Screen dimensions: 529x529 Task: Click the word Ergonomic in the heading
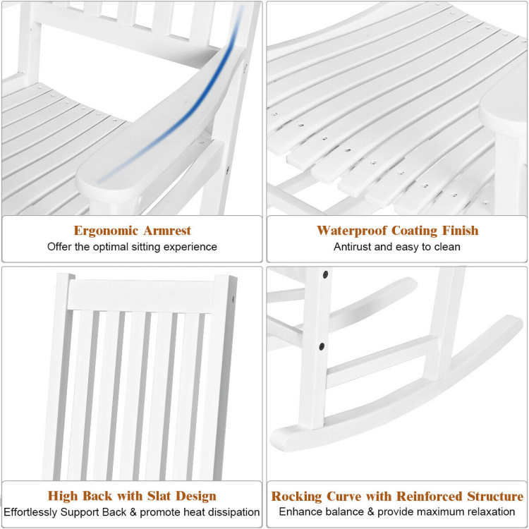pyautogui.click(x=106, y=231)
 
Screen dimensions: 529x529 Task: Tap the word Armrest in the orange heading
pyautogui.click(x=167, y=231)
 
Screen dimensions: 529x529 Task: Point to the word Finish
pyautogui.click(x=460, y=231)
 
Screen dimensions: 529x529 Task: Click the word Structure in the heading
pyautogui.click(x=495, y=497)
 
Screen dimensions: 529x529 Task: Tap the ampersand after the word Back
pyautogui.click(x=133, y=512)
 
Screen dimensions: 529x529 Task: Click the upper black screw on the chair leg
pyautogui.click(x=326, y=274)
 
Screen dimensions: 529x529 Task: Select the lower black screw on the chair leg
pyautogui.click(x=322, y=346)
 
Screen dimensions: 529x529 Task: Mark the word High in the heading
pyautogui.click(x=63, y=497)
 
